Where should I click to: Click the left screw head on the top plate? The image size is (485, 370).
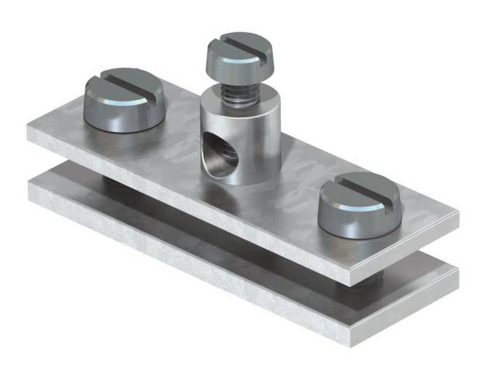click(x=120, y=106)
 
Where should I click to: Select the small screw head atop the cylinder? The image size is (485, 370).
click(x=232, y=62)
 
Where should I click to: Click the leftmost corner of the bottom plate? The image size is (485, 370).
click(x=28, y=186)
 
